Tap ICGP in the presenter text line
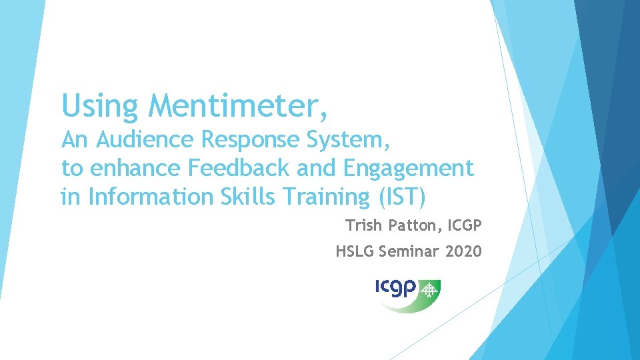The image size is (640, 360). [x=465, y=226]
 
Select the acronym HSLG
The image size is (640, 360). [x=355, y=251]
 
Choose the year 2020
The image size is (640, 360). [x=463, y=251]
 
